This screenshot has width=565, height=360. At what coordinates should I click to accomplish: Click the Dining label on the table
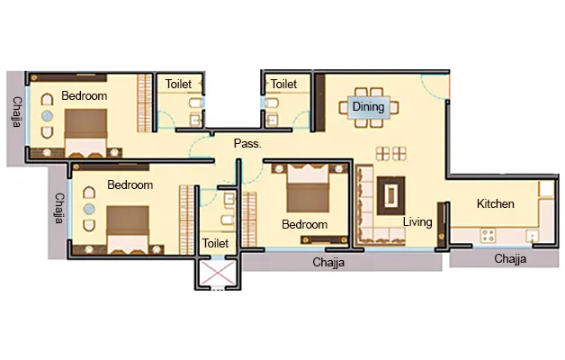(x=368, y=107)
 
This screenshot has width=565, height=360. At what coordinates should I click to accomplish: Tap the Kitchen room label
(x=496, y=203)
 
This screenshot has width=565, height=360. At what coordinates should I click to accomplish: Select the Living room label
(x=417, y=221)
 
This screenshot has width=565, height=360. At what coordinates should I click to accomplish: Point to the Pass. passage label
(x=247, y=143)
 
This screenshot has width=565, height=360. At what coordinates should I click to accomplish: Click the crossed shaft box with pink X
(x=218, y=273)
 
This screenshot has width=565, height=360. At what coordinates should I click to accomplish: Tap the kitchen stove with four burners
(x=489, y=236)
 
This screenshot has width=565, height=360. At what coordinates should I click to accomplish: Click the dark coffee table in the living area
(x=391, y=195)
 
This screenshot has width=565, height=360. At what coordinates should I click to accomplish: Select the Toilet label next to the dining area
(x=284, y=84)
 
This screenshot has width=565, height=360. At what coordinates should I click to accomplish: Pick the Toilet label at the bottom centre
(x=216, y=243)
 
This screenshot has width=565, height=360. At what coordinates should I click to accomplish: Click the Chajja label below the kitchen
(x=510, y=258)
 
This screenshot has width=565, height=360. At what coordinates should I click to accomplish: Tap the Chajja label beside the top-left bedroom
(x=17, y=112)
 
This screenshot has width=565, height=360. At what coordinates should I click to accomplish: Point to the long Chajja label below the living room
(x=328, y=262)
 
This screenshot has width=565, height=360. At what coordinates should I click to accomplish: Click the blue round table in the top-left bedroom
(x=47, y=116)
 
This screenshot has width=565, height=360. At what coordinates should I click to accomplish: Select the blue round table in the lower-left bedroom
(x=89, y=209)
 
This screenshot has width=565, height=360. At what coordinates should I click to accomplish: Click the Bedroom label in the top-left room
(x=85, y=96)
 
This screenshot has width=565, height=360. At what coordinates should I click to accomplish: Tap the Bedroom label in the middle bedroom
(x=305, y=224)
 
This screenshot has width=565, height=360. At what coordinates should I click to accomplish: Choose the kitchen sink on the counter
(x=533, y=236)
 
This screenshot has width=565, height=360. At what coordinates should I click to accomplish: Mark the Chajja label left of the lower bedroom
(x=59, y=208)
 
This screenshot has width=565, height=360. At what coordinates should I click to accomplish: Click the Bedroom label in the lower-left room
(x=130, y=184)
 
